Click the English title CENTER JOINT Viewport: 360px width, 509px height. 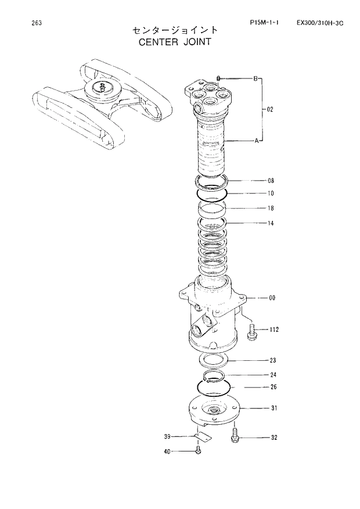[175, 42]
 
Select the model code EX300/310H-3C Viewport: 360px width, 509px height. [319, 23]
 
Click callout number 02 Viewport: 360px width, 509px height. [270, 109]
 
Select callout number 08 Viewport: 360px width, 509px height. [271, 181]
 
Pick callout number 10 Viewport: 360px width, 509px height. [271, 193]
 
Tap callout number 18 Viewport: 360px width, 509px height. [271, 208]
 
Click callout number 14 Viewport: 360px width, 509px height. [271, 223]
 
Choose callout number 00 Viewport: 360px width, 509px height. [272, 298]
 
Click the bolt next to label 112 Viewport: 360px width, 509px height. [253, 332]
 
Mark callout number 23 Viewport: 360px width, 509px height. [272, 360]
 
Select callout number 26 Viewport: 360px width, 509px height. [273, 387]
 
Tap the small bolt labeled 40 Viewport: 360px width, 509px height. [198, 451]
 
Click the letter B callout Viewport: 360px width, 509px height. [254, 78]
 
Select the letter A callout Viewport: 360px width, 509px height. [256, 141]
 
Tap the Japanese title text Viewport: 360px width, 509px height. [175, 30]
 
